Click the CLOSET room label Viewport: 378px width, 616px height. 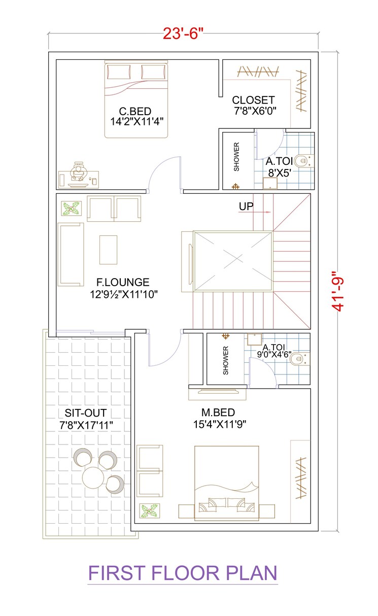pos(253,100)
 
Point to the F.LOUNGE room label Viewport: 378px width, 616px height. pos(123,282)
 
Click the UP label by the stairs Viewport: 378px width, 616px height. pos(246,207)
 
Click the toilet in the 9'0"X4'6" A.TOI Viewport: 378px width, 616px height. pos(301,359)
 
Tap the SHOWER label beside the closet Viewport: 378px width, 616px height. pos(236,156)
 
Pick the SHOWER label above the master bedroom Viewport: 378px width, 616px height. pos(226,361)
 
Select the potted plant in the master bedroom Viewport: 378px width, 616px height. pos(150,511)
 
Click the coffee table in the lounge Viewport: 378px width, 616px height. pos(108,249)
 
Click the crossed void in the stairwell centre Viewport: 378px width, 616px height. pos(233,261)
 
